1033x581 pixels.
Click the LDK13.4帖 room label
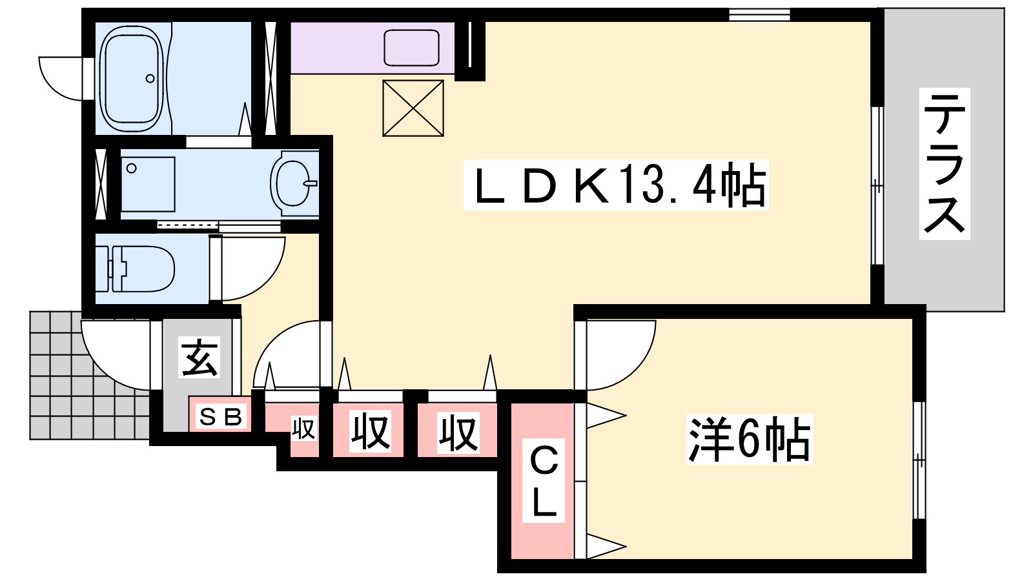coord(616,185)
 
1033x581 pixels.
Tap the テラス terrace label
coord(945,164)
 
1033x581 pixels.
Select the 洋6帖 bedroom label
coord(750,439)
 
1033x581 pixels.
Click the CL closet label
coord(543,480)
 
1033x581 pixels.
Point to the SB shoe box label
coord(220,417)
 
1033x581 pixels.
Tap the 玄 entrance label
coord(199,358)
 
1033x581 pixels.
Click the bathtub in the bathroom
coord(132,79)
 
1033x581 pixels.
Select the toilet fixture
coord(136,269)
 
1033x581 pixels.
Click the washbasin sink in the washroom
coord(294,183)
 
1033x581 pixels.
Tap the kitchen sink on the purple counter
coord(411,48)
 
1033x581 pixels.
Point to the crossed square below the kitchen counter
coord(413,108)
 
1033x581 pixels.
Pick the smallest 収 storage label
coord(303,429)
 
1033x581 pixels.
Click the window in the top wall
coord(759,15)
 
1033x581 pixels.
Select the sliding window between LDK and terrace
coord(877,186)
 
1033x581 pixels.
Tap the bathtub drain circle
coord(150,78)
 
